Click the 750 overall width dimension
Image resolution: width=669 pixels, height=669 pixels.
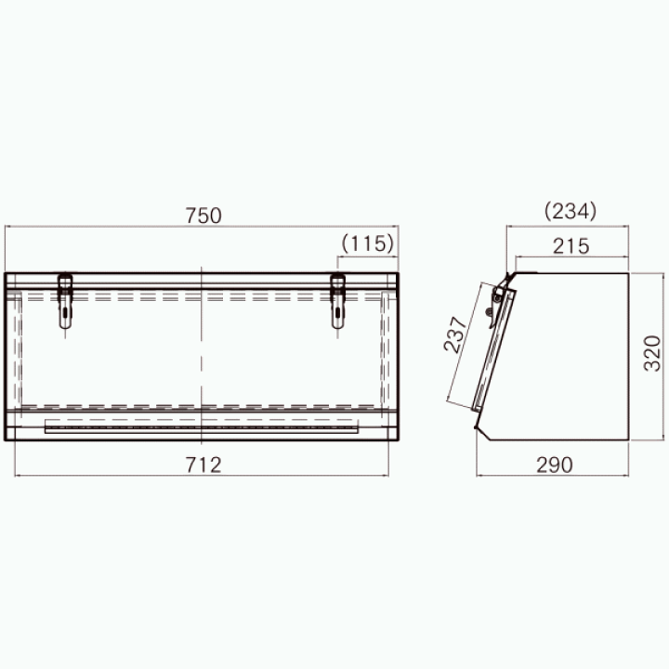coord(203,216)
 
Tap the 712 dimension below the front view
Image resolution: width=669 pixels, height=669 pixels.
coord(203,465)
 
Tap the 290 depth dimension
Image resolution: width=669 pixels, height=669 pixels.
coord(554,465)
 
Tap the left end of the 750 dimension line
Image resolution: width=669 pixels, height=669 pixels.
coord(5,226)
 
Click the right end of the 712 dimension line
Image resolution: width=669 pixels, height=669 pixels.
coord(388,476)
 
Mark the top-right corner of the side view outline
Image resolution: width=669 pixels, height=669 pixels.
coord(631,273)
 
